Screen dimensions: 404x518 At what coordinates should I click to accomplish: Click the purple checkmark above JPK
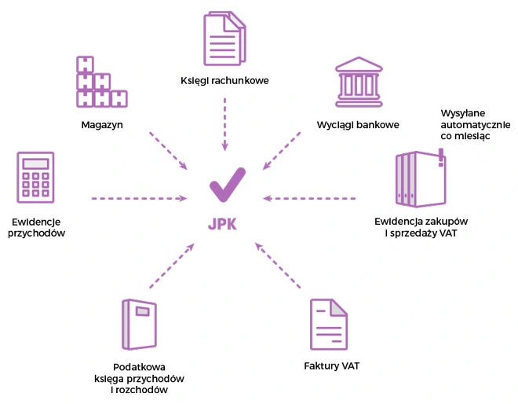pyautogui.click(x=228, y=185)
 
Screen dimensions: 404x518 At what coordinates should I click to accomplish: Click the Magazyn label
pyautogui.click(x=102, y=124)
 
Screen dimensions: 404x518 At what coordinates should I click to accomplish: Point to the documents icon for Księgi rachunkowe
pyautogui.click(x=224, y=39)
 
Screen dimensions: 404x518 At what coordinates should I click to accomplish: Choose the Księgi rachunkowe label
pyautogui.click(x=224, y=79)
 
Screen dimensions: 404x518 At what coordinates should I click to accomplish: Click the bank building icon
pyautogui.click(x=359, y=82)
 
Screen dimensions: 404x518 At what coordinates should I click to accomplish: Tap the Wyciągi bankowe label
pyautogui.click(x=359, y=124)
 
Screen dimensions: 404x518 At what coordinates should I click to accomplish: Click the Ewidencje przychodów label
pyautogui.click(x=37, y=227)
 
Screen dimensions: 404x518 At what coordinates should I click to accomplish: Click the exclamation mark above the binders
pyautogui.click(x=441, y=156)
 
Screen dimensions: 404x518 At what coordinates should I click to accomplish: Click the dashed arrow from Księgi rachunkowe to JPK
pyautogui.click(x=224, y=123)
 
